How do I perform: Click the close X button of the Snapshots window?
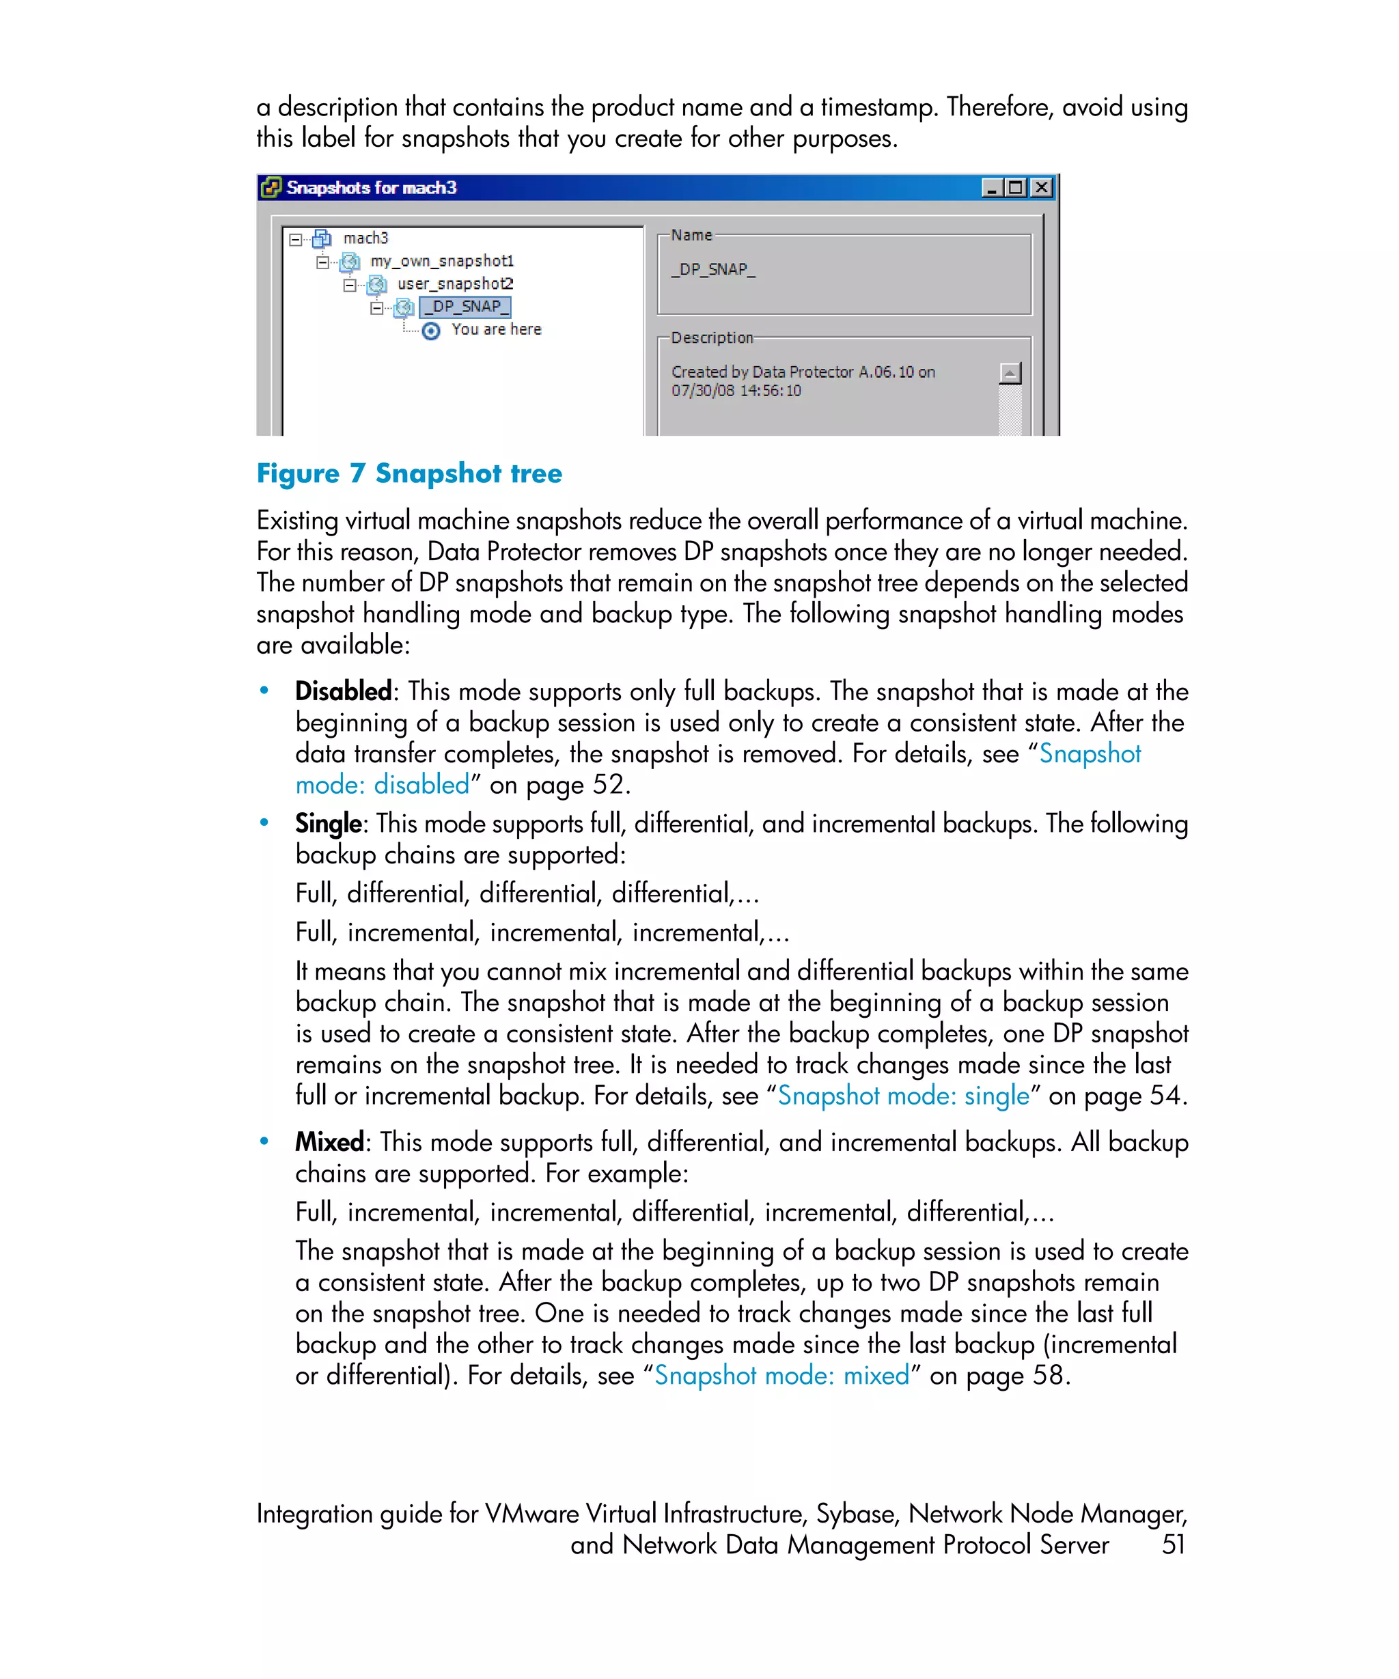point(1041,188)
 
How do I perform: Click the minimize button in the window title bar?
point(992,188)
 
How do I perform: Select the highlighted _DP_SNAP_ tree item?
point(465,307)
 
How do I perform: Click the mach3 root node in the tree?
point(365,238)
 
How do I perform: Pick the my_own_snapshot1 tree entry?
point(441,262)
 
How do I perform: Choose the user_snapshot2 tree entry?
point(455,284)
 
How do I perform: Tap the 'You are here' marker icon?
point(431,331)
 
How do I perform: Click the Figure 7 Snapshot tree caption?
point(408,473)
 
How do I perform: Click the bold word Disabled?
point(343,691)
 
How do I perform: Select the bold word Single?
point(328,824)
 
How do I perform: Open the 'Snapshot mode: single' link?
point(903,1096)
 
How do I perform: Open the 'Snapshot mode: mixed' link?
point(781,1376)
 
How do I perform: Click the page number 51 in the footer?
point(1173,1544)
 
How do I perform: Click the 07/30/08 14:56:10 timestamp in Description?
point(736,391)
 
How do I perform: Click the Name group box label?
point(691,236)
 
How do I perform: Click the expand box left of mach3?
point(296,239)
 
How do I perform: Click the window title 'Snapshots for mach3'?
point(371,188)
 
